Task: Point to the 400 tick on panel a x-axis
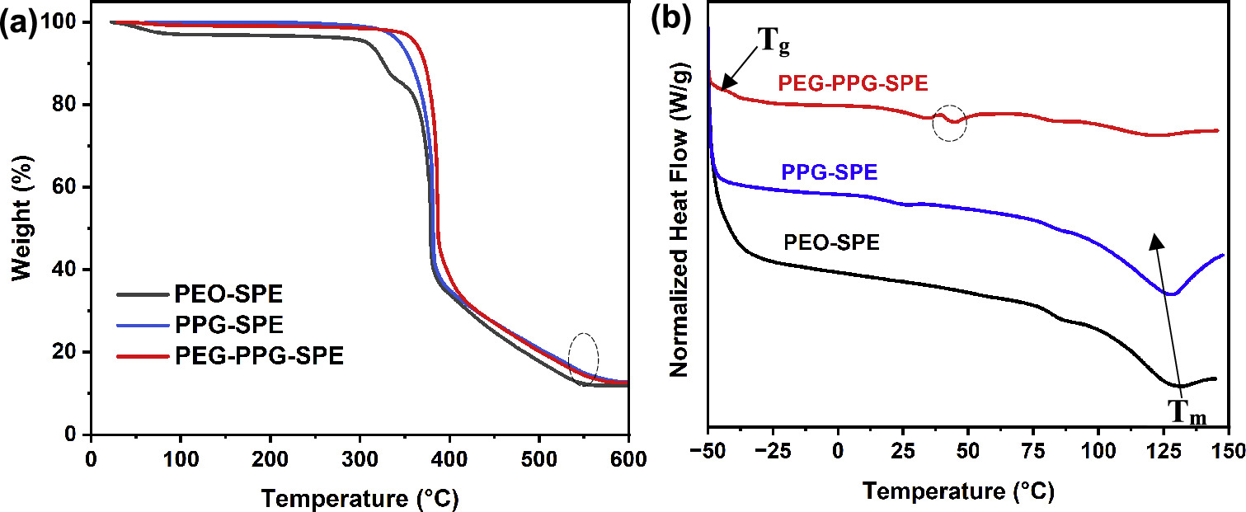click(x=449, y=456)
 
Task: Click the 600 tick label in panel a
click(x=626, y=456)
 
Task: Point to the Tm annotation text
click(x=1187, y=411)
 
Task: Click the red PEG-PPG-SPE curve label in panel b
click(x=853, y=84)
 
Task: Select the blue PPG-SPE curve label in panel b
click(x=828, y=173)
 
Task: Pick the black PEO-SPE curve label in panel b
click(x=832, y=242)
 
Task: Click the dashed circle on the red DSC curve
click(x=950, y=122)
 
